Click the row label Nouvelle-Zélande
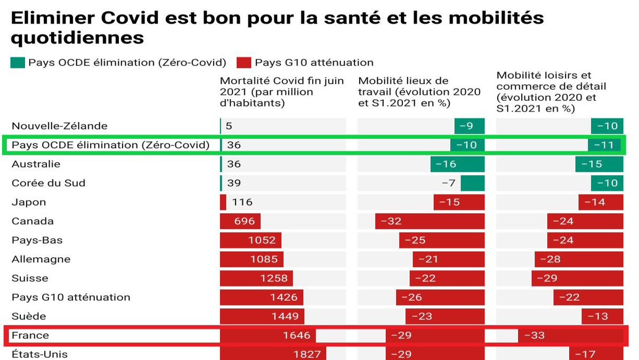[x=60, y=126]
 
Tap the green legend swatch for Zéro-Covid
[x=17, y=62]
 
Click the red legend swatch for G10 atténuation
[x=244, y=62]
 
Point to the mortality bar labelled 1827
[x=273, y=354]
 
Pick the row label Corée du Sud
[x=48, y=183]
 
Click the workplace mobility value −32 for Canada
[x=391, y=221]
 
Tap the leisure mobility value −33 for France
[x=534, y=335]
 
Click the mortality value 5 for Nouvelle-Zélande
[x=229, y=126]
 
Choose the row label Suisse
[x=30, y=278]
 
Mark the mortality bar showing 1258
[x=256, y=278]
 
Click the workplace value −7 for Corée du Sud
[x=449, y=183]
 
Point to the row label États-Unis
[x=40, y=354]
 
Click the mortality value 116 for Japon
[x=242, y=203]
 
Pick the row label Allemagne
[x=41, y=260]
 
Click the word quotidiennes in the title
[x=77, y=38]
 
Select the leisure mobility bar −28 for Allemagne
[x=579, y=260]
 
